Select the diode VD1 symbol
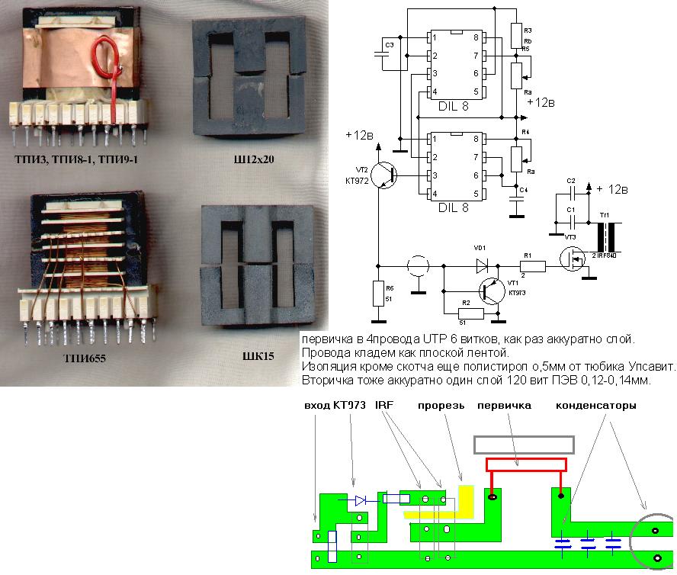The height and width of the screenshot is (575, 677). pyautogui.click(x=482, y=265)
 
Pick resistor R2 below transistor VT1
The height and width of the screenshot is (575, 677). pyautogui.click(x=471, y=313)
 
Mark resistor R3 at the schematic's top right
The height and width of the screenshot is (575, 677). pyautogui.click(x=516, y=35)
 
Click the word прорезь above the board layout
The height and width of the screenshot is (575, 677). pyautogui.click(x=440, y=406)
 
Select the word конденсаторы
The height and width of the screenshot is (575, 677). pyautogui.click(x=596, y=406)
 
